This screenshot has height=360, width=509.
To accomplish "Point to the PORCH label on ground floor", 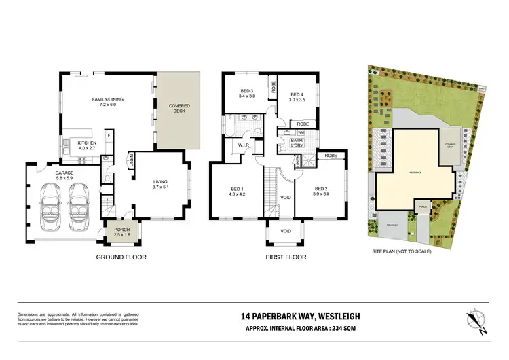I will pyautogui.click(x=121, y=230).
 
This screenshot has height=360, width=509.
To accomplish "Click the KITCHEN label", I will pyautogui.click(x=86, y=143).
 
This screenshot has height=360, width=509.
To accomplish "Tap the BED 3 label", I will pyautogui.click(x=246, y=92).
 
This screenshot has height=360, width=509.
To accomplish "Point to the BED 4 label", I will pyautogui.click(x=297, y=94).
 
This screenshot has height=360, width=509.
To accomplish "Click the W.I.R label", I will pyautogui.click(x=243, y=145).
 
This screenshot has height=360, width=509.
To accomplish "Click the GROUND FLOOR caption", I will pyautogui.click(x=121, y=257).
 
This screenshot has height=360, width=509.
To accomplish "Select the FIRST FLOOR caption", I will pyautogui.click(x=286, y=257).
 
